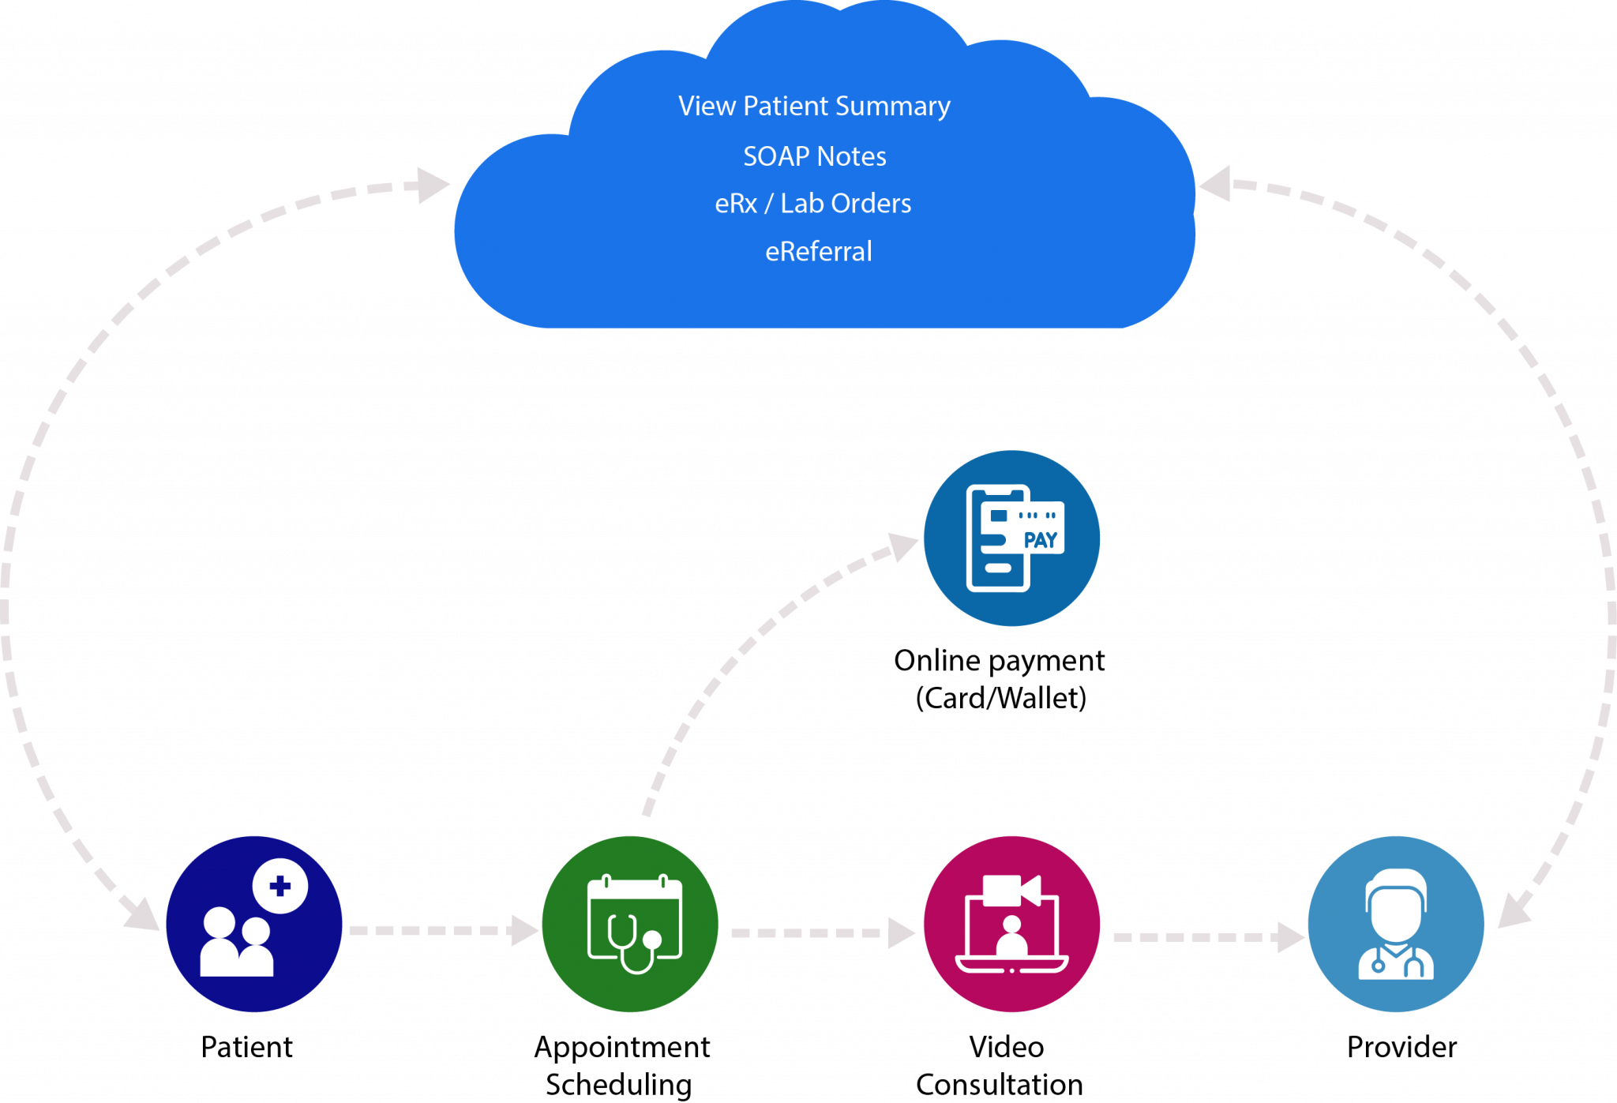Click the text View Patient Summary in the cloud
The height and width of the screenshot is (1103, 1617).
814,107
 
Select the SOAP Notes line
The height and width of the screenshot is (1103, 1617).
814,156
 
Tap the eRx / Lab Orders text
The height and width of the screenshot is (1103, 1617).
812,204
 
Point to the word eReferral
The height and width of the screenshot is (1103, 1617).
818,252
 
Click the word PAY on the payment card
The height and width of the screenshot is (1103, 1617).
1040,541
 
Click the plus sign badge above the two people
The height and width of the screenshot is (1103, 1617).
280,886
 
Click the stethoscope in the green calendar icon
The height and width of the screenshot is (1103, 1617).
632,944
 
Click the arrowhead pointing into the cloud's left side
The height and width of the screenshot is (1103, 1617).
432,186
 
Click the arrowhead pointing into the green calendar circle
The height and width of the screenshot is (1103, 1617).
523,930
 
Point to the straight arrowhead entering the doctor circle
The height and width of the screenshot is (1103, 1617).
1290,937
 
